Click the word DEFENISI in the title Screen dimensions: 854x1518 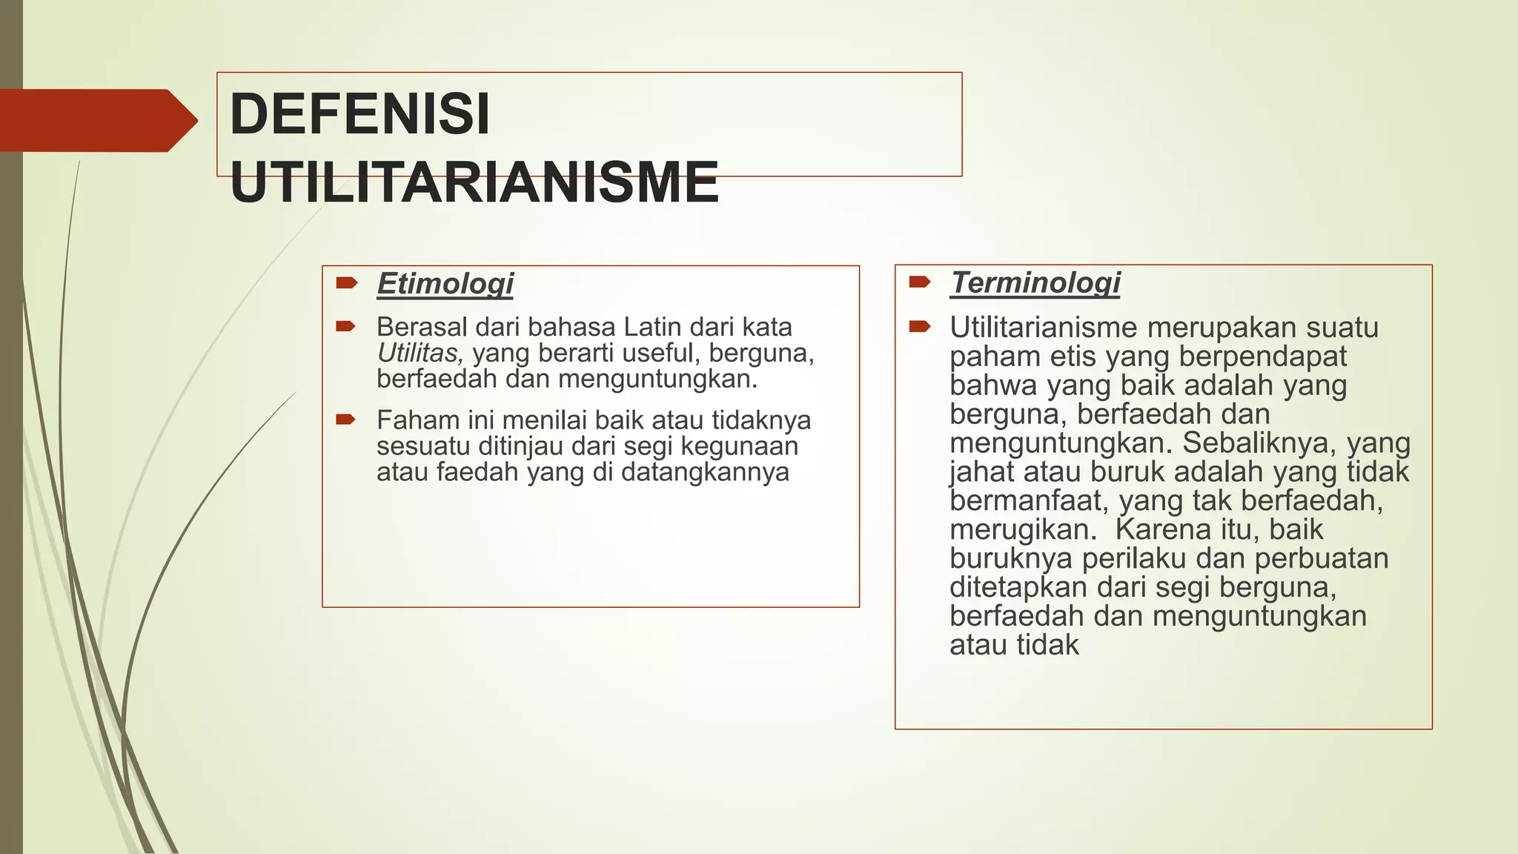pyautogui.click(x=359, y=115)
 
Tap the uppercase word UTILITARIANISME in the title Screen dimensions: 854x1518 pyautogui.click(x=474, y=182)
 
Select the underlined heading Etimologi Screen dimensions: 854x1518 pyautogui.click(x=445, y=283)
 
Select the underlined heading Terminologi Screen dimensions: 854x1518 pyautogui.click(x=1035, y=282)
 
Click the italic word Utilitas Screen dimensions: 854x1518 pyautogui.click(x=420, y=353)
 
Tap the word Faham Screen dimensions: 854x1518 pyautogui.click(x=412, y=420)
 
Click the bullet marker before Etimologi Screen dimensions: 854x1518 pyautogui.click(x=346, y=282)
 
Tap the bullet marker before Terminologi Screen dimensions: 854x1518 pyautogui.click(x=919, y=282)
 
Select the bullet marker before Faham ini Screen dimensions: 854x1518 pyautogui.click(x=346, y=420)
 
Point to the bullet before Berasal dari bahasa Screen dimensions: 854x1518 pyautogui.click(x=346, y=326)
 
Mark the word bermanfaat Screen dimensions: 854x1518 pyautogui.click(x=1030, y=501)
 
